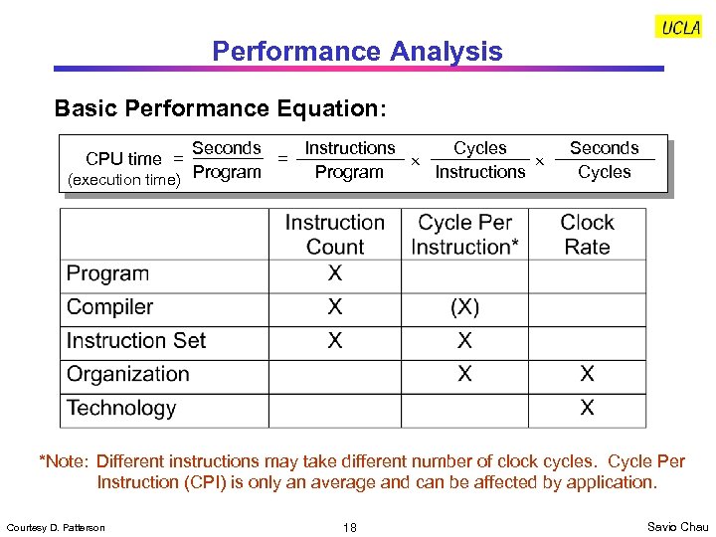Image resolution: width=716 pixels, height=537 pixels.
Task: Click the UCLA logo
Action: click(680, 28)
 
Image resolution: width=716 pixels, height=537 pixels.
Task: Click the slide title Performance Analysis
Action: click(357, 52)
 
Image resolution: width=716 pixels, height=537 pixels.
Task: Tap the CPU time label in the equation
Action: click(123, 159)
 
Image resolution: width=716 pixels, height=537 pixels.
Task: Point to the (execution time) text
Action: click(123, 180)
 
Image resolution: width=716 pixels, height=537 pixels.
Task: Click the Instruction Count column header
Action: click(334, 235)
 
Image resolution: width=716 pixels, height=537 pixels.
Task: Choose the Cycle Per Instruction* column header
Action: click(464, 235)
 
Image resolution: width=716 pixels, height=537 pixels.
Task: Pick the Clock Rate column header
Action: click(587, 235)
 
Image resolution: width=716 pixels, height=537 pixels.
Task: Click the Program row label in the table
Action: click(107, 273)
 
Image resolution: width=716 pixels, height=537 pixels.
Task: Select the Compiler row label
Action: click(109, 307)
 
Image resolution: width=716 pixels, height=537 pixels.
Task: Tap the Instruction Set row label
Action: click(135, 341)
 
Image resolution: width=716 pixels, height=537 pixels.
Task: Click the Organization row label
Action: click(127, 375)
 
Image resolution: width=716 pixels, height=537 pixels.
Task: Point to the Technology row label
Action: click(120, 409)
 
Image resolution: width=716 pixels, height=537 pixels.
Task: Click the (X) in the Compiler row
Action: click(464, 307)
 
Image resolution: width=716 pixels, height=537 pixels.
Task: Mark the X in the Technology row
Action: click(587, 408)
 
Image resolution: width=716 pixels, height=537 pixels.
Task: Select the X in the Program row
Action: click(335, 273)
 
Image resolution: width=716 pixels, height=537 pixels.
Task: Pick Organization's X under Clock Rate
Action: click(587, 374)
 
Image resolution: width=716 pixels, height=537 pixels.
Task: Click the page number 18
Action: click(350, 527)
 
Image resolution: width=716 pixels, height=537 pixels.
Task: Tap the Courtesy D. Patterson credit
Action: click(55, 527)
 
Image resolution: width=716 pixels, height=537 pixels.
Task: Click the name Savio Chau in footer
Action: click(677, 526)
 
